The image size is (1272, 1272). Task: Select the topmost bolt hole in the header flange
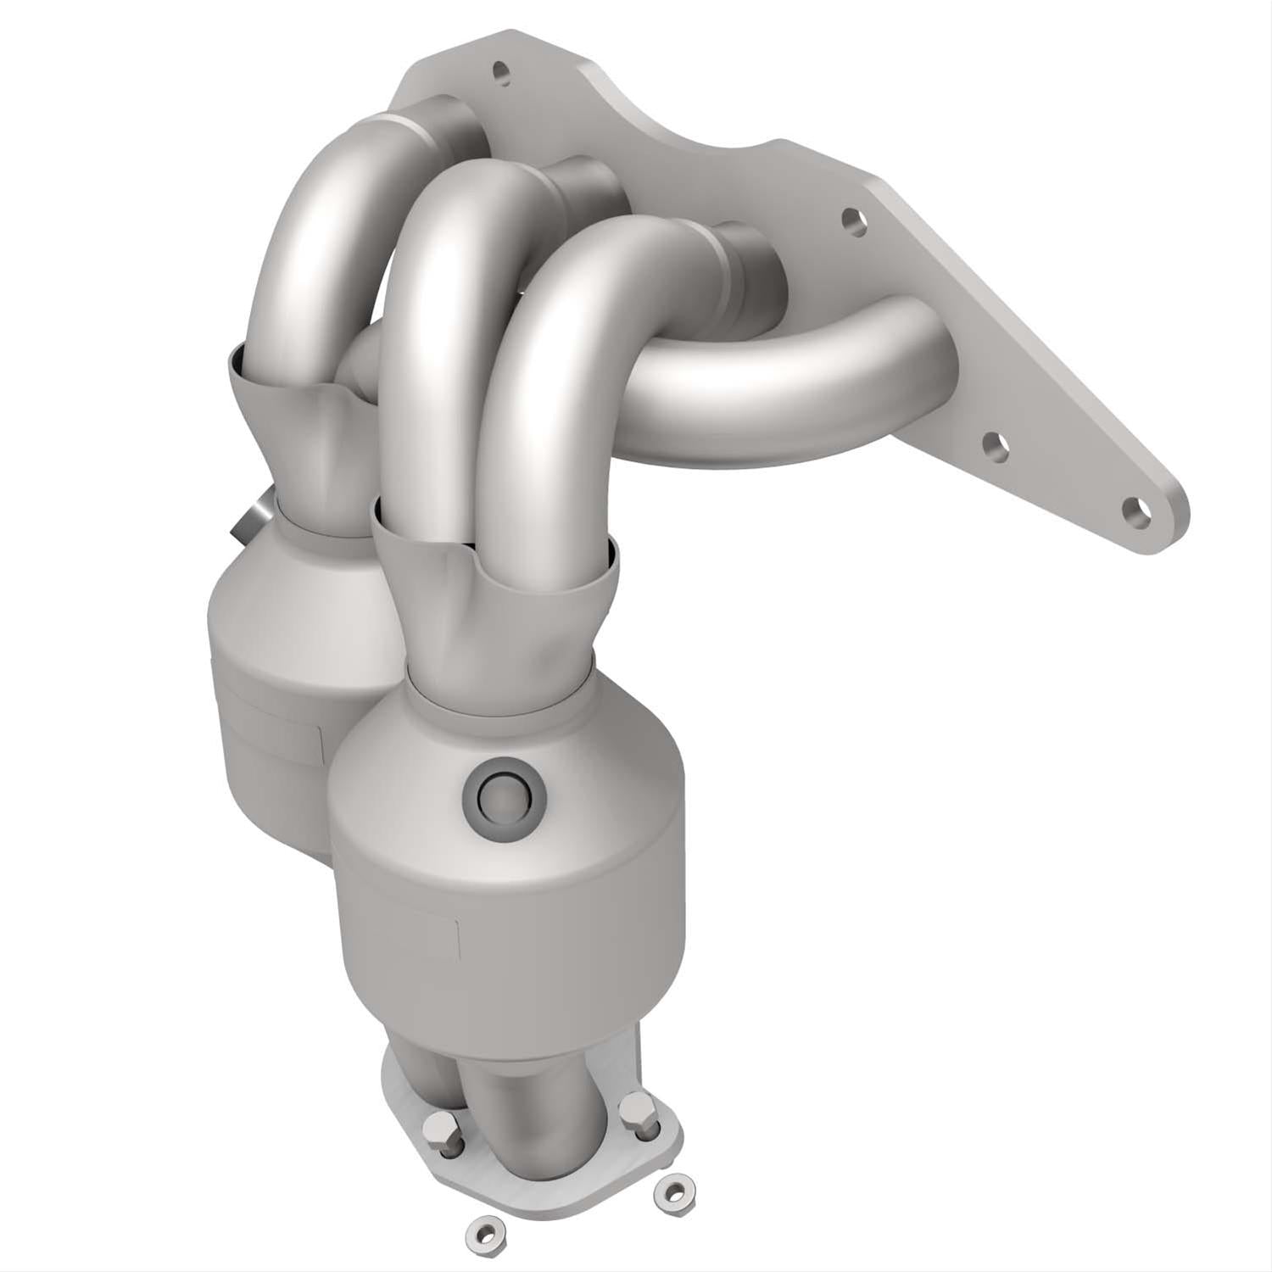click(502, 73)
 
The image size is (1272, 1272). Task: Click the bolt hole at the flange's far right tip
click(1136, 510)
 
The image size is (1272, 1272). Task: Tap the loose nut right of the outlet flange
click(673, 1191)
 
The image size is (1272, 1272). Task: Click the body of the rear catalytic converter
click(271, 678)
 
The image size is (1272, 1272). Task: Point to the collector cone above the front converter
click(492, 611)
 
